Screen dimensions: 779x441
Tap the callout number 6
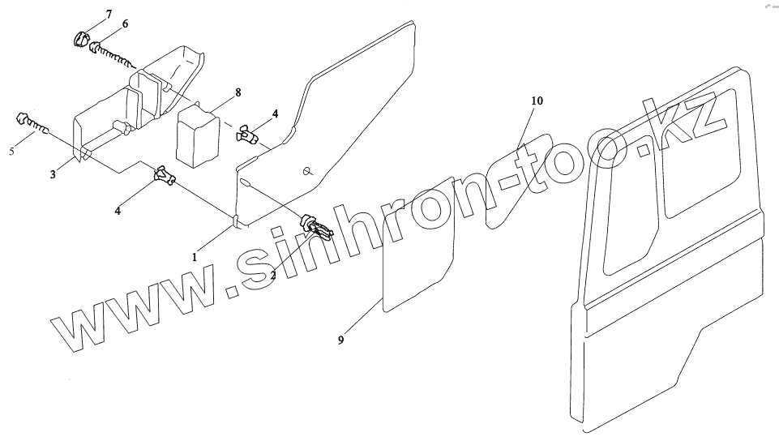pos(125,24)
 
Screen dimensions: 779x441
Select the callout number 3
pos(53,174)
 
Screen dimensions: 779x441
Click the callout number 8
pos(238,93)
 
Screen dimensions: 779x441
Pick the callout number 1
pos(195,256)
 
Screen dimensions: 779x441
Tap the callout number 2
pos(273,275)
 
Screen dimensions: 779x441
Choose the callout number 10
pos(537,101)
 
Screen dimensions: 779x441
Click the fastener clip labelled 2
pos(315,228)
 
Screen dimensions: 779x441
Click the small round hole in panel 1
pos(308,170)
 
